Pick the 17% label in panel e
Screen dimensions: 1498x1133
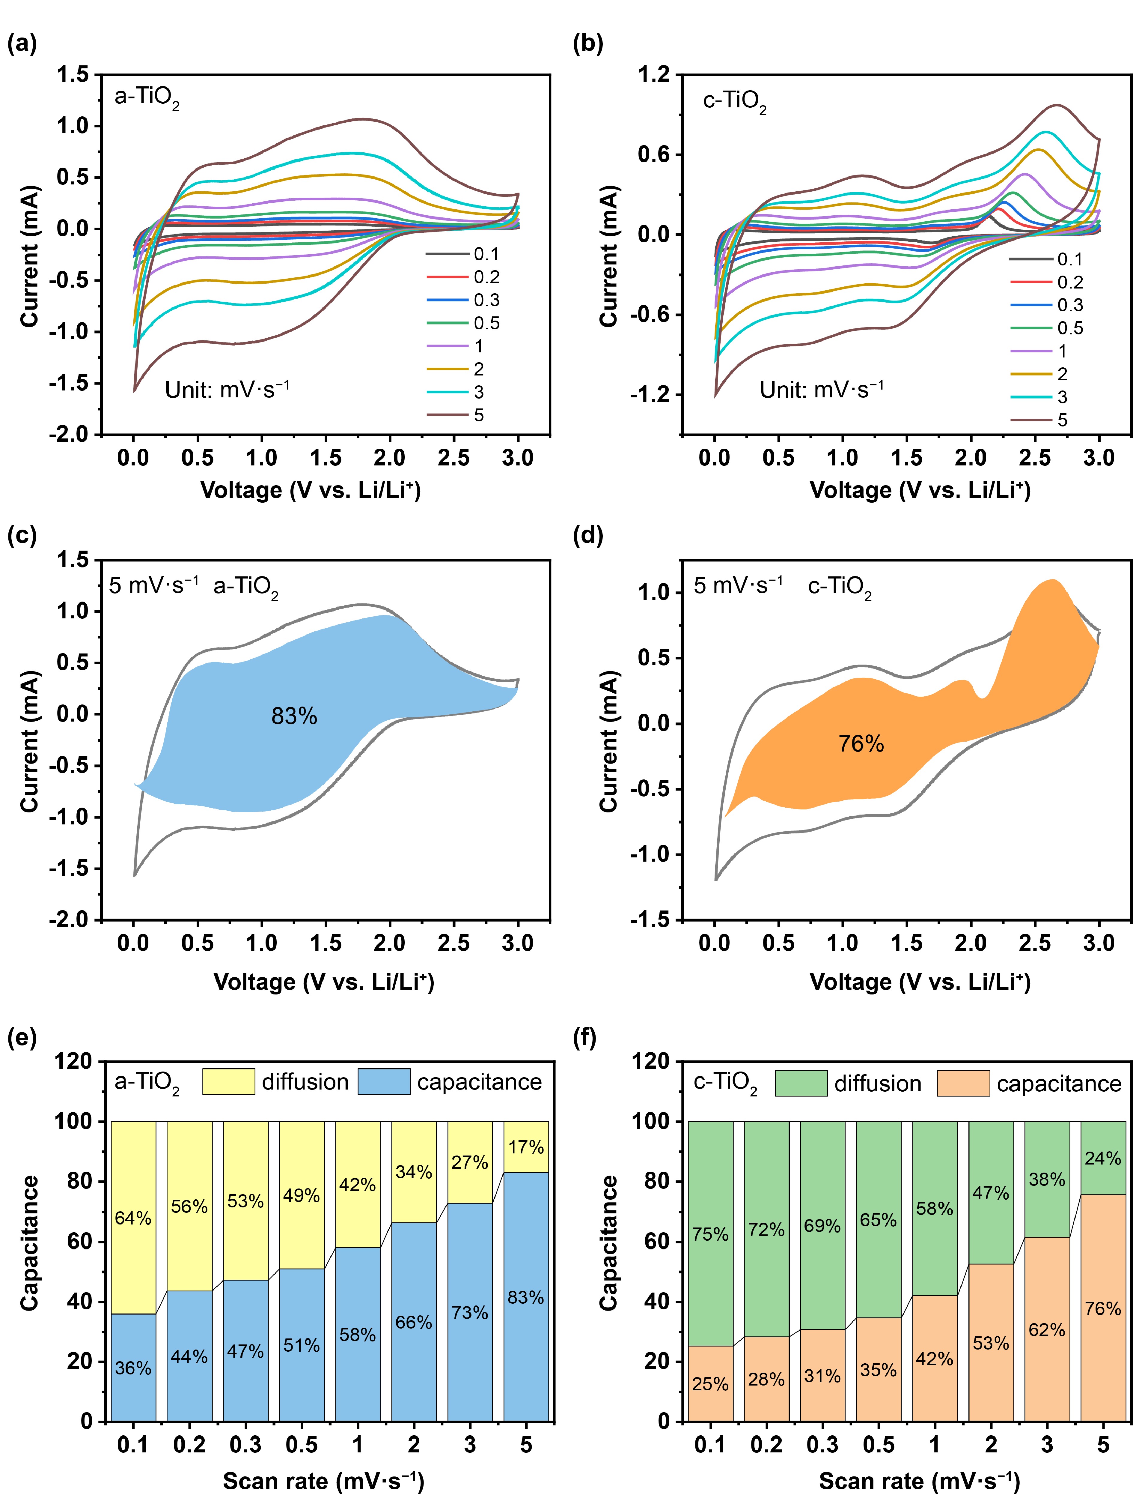coord(526,1147)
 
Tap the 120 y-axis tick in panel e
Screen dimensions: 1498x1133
coord(73,1061)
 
